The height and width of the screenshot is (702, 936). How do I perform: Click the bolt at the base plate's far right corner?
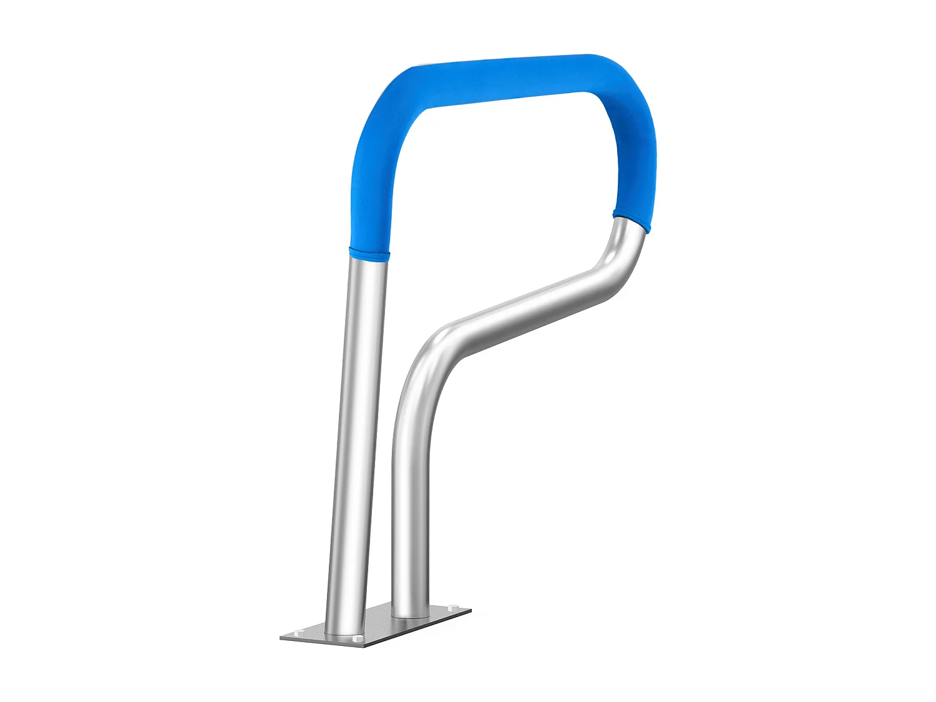point(451,606)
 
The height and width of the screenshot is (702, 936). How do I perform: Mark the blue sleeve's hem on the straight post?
point(369,253)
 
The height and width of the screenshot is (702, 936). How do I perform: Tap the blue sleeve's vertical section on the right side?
point(635,162)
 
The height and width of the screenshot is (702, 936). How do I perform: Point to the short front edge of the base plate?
point(321,641)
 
